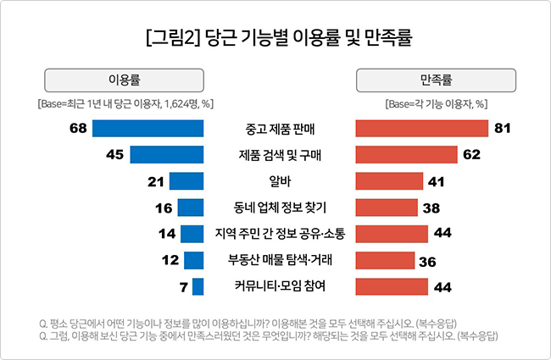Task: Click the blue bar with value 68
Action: pos(147,129)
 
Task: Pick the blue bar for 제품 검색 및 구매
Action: pos(166,155)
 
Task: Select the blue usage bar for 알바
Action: pos(186,181)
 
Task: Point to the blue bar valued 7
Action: pos(198,286)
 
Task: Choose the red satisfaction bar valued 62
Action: pos(406,155)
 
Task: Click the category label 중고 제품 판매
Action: pos(279,130)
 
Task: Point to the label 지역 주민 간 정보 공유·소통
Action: pos(279,234)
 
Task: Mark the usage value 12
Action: pos(170,260)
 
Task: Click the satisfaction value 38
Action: pos(430,208)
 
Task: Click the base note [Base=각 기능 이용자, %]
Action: pos(435,104)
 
